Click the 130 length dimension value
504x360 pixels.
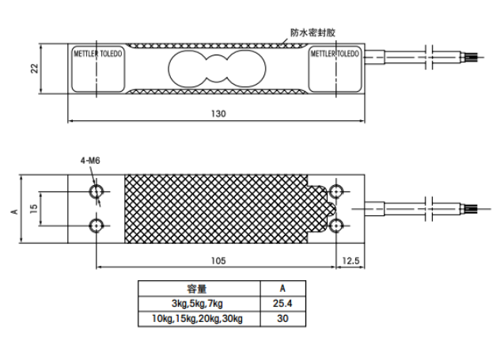pyautogui.click(x=218, y=114)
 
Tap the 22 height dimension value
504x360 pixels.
pyautogui.click(x=34, y=69)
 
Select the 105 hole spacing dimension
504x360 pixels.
pyautogui.click(x=218, y=260)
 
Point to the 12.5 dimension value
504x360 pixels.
pyautogui.click(x=351, y=260)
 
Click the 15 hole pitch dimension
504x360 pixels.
pyautogui.click(x=34, y=209)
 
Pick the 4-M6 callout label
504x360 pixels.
pyautogui.click(x=90, y=161)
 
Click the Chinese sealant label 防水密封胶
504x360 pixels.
pyautogui.click(x=313, y=32)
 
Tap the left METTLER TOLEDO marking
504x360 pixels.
pyautogui.click(x=98, y=53)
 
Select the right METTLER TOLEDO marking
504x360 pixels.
pyautogui.click(x=335, y=53)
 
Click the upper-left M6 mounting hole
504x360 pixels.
pyautogui.click(x=96, y=191)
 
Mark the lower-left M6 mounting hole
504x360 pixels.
pyautogui.click(x=96, y=225)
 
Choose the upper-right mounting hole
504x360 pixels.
pyautogui.click(x=336, y=191)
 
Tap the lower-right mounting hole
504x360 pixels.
pyautogui.click(x=336, y=225)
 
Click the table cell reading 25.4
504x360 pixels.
pyautogui.click(x=282, y=304)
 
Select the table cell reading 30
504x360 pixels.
pyautogui.click(x=282, y=319)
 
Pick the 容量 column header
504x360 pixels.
pyautogui.click(x=197, y=289)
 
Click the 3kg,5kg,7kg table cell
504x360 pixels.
pyautogui.click(x=197, y=304)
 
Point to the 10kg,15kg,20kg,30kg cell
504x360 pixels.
pyautogui.click(x=197, y=319)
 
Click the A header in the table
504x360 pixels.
pyautogui.click(x=282, y=288)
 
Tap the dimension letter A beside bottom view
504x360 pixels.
pyautogui.click(x=14, y=211)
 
